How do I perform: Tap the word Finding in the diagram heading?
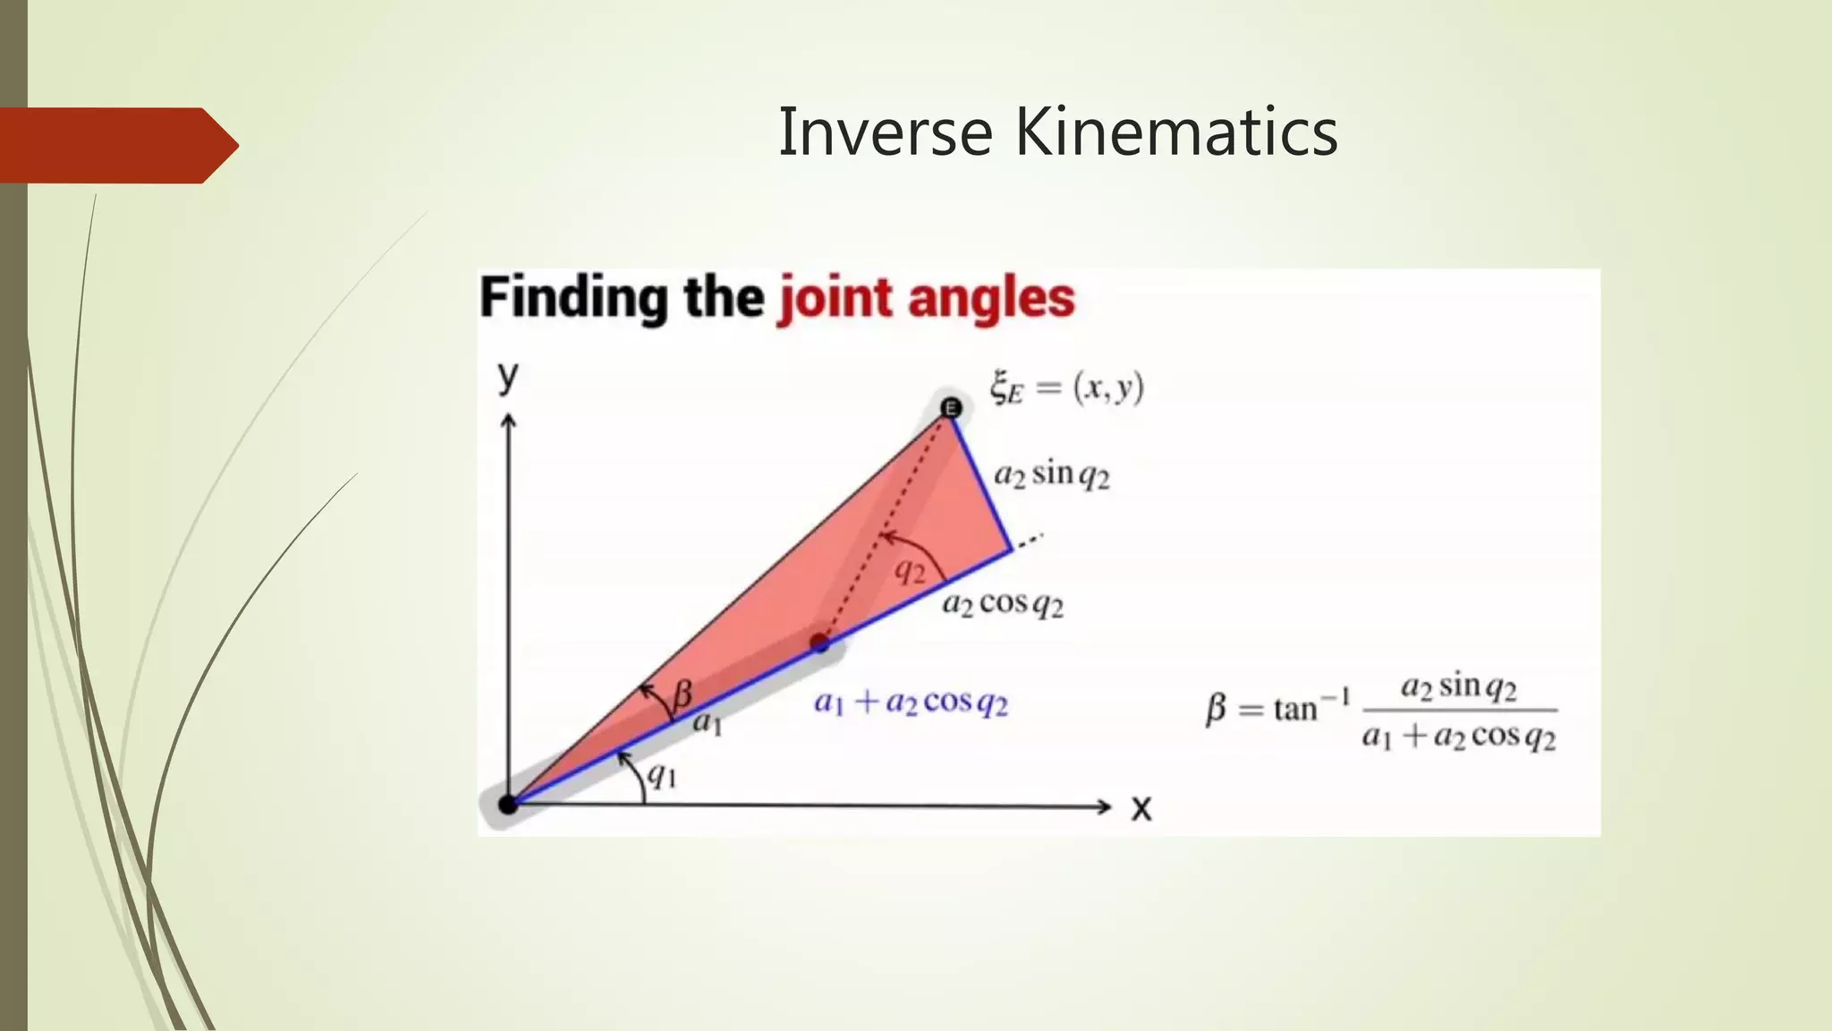pyautogui.click(x=573, y=297)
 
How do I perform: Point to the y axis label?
pyautogui.click(x=508, y=377)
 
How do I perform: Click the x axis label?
pyautogui.click(x=1141, y=808)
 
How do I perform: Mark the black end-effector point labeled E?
pyautogui.click(x=951, y=408)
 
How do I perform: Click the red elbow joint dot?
pyautogui.click(x=819, y=642)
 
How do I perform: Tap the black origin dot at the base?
pyautogui.click(x=508, y=804)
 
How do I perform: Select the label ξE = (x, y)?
pyautogui.click(x=1066, y=388)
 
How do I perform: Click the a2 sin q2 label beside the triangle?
pyautogui.click(x=1052, y=474)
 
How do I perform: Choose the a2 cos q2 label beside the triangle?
pyautogui.click(x=1003, y=605)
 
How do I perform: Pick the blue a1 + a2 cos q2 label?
pyautogui.click(x=911, y=703)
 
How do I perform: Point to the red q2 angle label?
pyautogui.click(x=911, y=571)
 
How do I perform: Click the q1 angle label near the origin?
pyautogui.click(x=662, y=774)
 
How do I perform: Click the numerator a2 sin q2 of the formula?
pyautogui.click(x=1458, y=687)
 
